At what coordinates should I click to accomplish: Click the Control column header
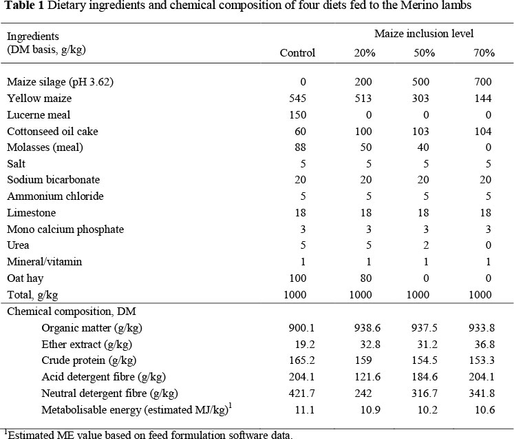[x=297, y=53]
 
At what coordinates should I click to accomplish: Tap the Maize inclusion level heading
[x=424, y=34]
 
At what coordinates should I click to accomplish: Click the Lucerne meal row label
[x=39, y=115]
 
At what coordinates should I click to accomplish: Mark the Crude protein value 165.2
[x=301, y=360]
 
